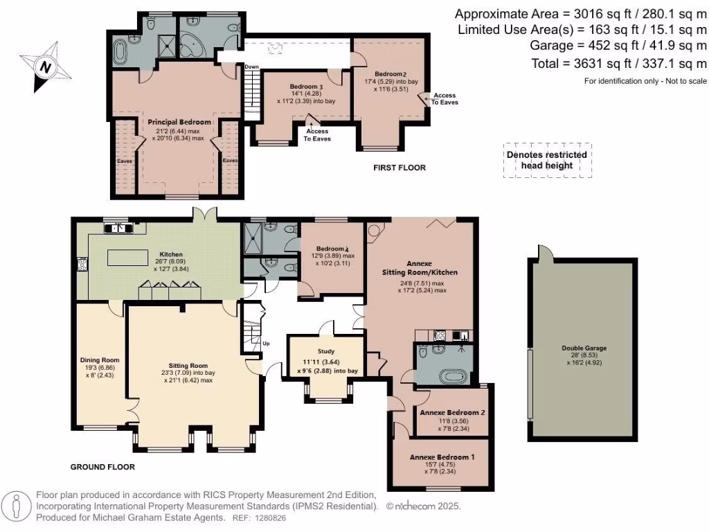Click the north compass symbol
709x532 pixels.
pyautogui.click(x=45, y=67)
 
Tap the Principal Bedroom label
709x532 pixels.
pyautogui.click(x=179, y=122)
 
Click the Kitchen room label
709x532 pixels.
pyautogui.click(x=171, y=254)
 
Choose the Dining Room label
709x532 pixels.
pyautogui.click(x=100, y=360)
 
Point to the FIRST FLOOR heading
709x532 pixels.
pyautogui.click(x=400, y=168)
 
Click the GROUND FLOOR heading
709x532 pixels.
pyautogui.click(x=102, y=467)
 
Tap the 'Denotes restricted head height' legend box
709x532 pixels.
pyautogui.click(x=546, y=160)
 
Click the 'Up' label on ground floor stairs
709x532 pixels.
pyautogui.click(x=266, y=343)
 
